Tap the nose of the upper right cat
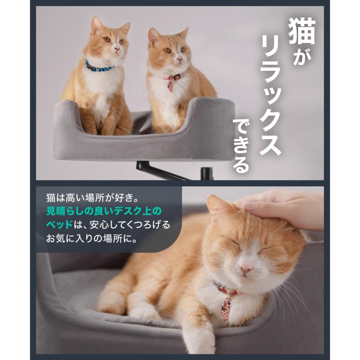click(x=179, y=60)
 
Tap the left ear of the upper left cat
click(x=96, y=25)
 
